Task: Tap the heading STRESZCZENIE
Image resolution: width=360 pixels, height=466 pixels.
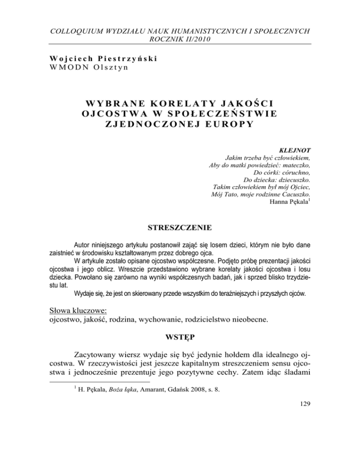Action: point(180,228)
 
